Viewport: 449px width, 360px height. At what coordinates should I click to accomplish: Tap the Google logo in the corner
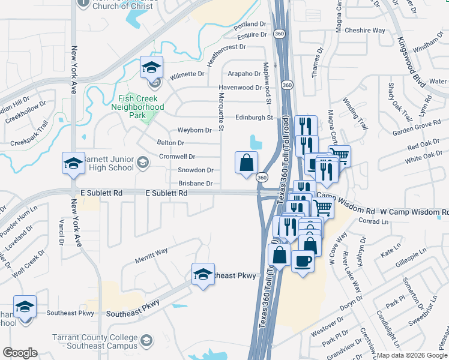pyautogui.click(x=20, y=353)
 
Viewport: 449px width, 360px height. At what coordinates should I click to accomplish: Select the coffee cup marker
pyautogui.click(x=303, y=261)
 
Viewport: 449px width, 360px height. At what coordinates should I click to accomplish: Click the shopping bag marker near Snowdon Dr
pyautogui.click(x=246, y=163)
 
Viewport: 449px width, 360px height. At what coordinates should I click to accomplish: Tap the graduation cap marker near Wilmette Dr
pyautogui.click(x=152, y=67)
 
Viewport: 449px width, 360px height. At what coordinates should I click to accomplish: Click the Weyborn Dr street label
pyautogui.click(x=194, y=130)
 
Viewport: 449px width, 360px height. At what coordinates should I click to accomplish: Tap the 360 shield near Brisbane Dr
pyautogui.click(x=262, y=178)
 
